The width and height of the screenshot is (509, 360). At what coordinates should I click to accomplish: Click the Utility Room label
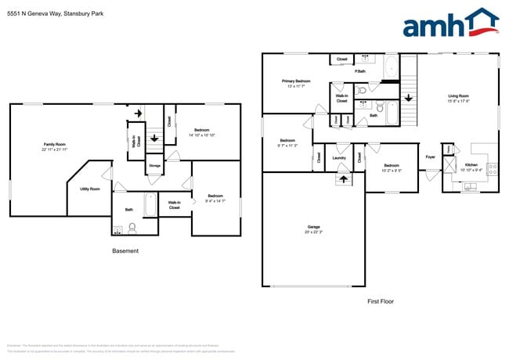pos(89,189)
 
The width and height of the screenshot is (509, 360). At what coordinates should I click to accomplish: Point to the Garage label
pos(313,229)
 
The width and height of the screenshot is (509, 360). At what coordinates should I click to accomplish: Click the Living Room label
pos(458,98)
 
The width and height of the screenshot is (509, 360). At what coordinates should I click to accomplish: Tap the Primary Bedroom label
pos(297,83)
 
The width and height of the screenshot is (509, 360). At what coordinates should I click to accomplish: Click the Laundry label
pos(339,158)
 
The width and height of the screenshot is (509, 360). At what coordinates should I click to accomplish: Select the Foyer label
pos(430,157)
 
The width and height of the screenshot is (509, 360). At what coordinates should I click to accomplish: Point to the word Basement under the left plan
pos(125,251)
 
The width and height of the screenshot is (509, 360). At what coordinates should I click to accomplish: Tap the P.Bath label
pos(360,72)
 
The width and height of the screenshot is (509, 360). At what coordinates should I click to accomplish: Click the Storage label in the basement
pos(154,166)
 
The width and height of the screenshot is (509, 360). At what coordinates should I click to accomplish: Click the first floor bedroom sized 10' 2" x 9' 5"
pos(392,167)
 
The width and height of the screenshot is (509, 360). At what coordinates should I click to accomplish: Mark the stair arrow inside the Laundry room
pos(341,178)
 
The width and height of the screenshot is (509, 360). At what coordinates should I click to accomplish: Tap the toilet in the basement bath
pos(132,229)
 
